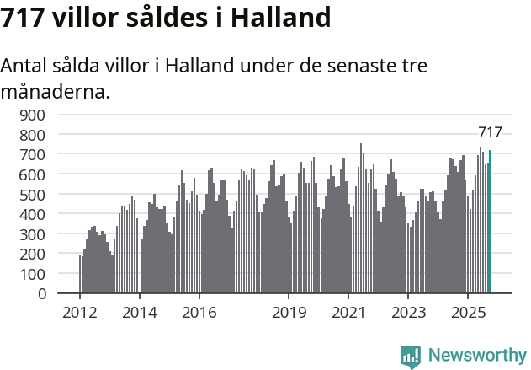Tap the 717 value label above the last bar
(490, 131)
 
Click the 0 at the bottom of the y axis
(41, 294)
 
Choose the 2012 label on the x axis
(80, 313)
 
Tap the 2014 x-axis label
(139, 313)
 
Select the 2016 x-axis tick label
(199, 313)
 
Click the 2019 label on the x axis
(288, 313)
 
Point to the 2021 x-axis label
(348, 313)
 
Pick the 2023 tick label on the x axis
(407, 313)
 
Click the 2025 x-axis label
(466, 313)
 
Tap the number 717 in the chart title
(23, 18)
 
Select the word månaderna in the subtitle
(56, 91)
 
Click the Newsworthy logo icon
(411, 357)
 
